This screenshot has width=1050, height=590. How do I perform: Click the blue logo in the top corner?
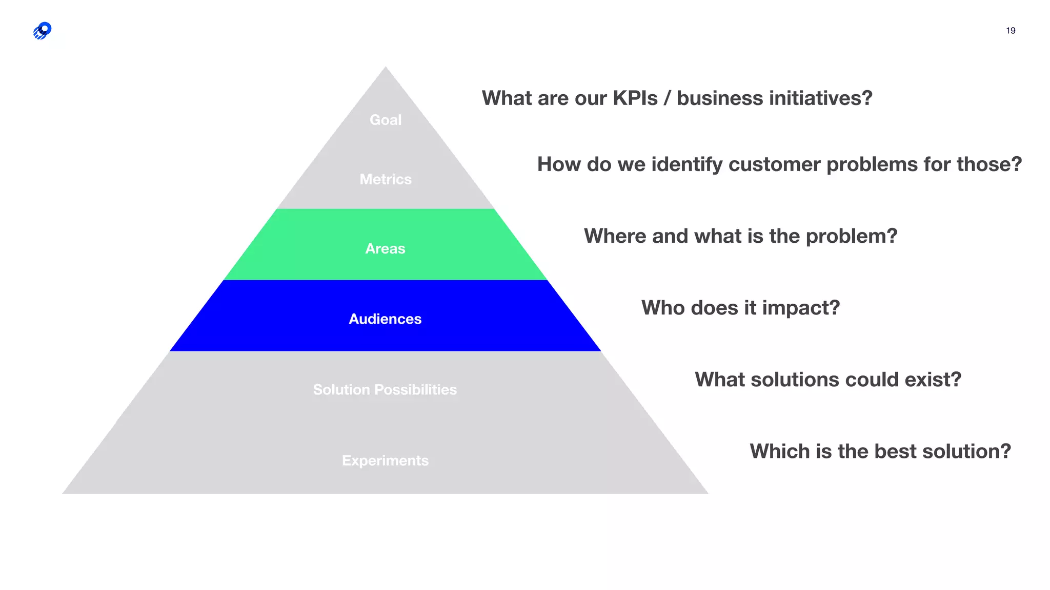[x=42, y=31]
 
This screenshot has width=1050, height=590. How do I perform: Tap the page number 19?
[x=1011, y=31]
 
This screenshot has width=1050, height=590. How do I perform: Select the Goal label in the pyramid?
[x=386, y=120]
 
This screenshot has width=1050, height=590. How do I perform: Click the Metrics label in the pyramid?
[x=386, y=179]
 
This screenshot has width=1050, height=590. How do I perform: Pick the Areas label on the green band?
[x=385, y=248]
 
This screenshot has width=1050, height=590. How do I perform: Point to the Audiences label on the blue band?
[x=385, y=319]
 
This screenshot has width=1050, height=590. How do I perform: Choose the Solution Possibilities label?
[x=385, y=390]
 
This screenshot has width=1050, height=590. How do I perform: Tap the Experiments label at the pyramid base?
[x=385, y=460]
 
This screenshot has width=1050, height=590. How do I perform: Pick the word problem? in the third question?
[x=852, y=236]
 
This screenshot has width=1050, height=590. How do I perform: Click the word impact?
[x=801, y=308]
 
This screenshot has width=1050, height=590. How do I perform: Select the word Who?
[x=663, y=308]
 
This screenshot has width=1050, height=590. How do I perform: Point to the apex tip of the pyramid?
[x=386, y=68]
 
